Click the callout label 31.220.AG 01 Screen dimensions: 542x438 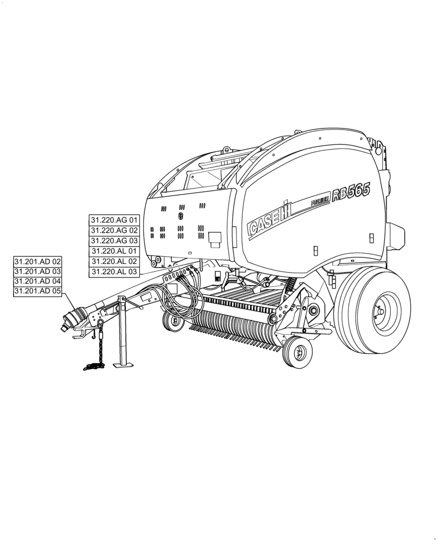[114, 220]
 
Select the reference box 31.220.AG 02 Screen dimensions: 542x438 [114, 230]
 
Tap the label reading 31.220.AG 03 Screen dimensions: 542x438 [114, 241]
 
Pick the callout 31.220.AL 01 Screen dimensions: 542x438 [114, 251]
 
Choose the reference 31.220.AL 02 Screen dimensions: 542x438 [114, 261]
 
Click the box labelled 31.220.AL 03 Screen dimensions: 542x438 [114, 272]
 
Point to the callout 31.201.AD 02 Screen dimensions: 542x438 [38, 261]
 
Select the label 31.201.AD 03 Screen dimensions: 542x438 [38, 272]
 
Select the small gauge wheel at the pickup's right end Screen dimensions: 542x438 [296, 353]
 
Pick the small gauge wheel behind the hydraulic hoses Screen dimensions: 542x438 [174, 321]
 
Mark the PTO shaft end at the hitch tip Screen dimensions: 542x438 [68, 322]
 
